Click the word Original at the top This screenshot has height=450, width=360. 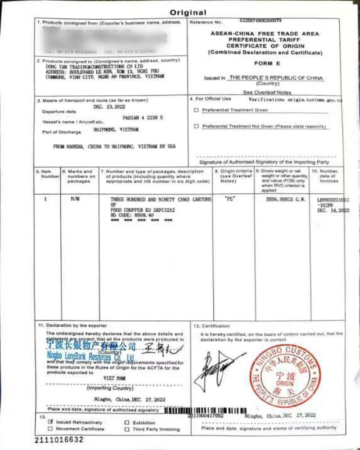click(x=188, y=13)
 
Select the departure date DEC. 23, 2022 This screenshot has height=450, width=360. click(x=109, y=107)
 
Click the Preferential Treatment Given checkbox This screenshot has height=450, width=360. click(x=196, y=110)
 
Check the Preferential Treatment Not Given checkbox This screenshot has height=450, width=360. click(x=196, y=126)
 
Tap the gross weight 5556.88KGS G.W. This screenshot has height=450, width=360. click(x=280, y=198)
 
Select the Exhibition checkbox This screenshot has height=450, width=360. click(x=127, y=423)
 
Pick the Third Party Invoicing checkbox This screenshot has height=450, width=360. click(x=127, y=429)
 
